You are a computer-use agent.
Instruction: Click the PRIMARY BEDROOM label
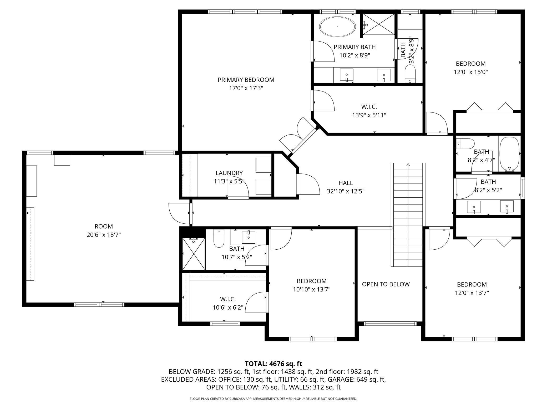pos(246,80)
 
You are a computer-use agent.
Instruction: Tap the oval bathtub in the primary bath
pos(338,27)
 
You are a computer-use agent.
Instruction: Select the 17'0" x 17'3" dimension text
pos(246,88)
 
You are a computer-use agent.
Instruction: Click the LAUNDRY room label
pos(229,173)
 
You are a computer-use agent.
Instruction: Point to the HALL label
pos(346,183)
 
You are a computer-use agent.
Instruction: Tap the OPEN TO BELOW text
pos(386,284)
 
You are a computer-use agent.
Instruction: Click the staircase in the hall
pos(408,214)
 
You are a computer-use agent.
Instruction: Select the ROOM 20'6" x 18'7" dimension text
pos(104,235)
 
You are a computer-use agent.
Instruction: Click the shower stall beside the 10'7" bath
pos(194,254)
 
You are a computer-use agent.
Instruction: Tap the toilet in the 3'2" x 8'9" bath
pos(410,73)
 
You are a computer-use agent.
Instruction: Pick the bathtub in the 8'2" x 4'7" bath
pos(509,154)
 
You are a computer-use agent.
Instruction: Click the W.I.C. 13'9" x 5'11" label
pos(369,111)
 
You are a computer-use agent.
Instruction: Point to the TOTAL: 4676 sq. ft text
pos(273,364)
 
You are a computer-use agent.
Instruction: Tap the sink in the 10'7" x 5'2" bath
pos(249,237)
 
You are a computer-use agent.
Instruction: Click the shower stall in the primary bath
pos(379,24)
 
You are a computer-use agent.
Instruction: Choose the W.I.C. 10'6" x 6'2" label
pos(228,303)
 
